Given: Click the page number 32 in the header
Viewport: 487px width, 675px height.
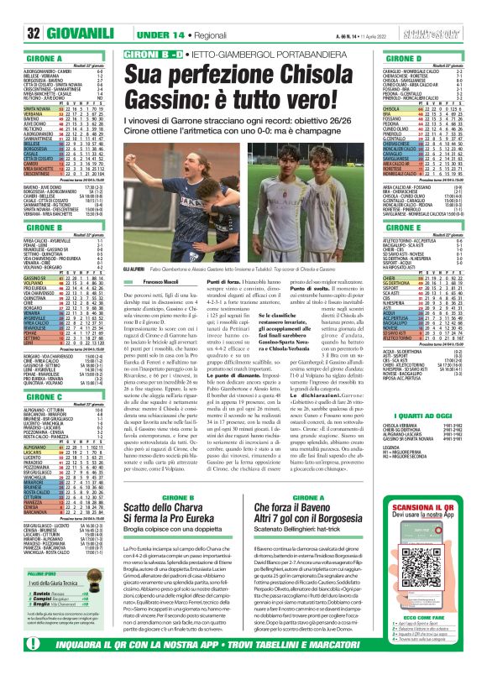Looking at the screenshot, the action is (13, 33).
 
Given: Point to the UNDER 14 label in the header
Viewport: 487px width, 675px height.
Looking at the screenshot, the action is (118, 33).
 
